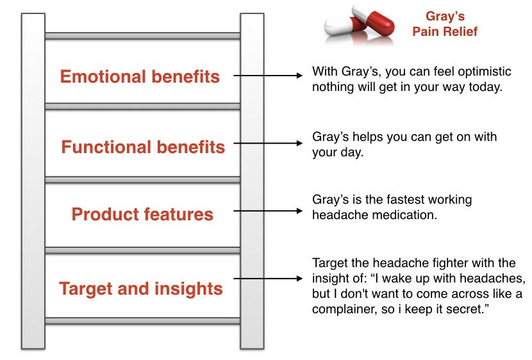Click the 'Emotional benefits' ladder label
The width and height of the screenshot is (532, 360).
coord(140,76)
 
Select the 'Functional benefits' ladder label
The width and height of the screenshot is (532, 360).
coord(143,147)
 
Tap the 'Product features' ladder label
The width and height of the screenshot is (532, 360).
coord(142,214)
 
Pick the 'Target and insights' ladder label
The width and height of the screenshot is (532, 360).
coord(141,289)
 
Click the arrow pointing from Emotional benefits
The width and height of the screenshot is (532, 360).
coord(268,75)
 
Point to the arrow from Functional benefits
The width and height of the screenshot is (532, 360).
coord(268,143)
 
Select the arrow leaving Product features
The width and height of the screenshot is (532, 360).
coord(268,211)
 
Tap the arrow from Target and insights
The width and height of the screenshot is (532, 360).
coord(268,279)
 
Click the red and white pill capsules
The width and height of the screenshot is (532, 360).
coord(359,23)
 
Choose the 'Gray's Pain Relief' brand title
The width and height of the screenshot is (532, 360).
coord(445,24)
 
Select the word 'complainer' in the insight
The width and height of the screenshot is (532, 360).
coord(344,309)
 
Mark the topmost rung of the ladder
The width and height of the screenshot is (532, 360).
coord(142,36)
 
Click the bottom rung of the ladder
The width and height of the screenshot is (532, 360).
coord(142,321)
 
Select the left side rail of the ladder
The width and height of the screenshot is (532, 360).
coord(33,181)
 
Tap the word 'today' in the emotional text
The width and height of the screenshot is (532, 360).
coord(485,88)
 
